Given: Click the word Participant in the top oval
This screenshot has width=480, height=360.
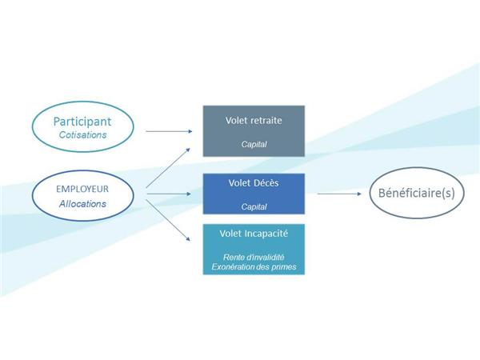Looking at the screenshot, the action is [x=82, y=122].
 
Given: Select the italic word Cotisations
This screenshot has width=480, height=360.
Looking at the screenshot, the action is [x=82, y=135].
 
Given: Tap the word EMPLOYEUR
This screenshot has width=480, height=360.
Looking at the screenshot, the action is [x=82, y=189].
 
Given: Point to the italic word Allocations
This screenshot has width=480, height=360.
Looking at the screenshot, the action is [x=82, y=204].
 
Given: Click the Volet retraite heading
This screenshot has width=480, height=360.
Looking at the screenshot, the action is [x=254, y=120].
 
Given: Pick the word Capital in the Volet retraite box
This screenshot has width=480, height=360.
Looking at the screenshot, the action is [x=254, y=144].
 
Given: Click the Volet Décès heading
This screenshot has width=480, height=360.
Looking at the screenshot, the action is [x=254, y=182].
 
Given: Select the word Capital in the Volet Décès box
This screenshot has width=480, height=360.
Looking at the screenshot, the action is [x=254, y=207].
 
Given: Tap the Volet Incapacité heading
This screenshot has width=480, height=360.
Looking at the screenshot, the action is [x=254, y=234].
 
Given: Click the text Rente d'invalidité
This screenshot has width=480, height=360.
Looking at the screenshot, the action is [x=254, y=257].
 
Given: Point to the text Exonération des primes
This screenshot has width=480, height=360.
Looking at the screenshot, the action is [x=254, y=267].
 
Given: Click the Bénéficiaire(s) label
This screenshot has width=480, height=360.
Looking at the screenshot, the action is [x=417, y=193].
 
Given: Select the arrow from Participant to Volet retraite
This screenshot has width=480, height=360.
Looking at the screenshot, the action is [x=169, y=131].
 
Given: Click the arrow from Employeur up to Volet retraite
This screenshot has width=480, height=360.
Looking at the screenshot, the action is [x=168, y=168].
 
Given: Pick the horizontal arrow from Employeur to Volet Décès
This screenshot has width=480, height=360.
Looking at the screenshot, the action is [x=169, y=194].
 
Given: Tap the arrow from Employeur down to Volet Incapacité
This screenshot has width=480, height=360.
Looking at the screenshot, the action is [x=168, y=221].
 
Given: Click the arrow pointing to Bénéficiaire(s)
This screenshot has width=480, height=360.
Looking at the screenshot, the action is [x=339, y=194].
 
